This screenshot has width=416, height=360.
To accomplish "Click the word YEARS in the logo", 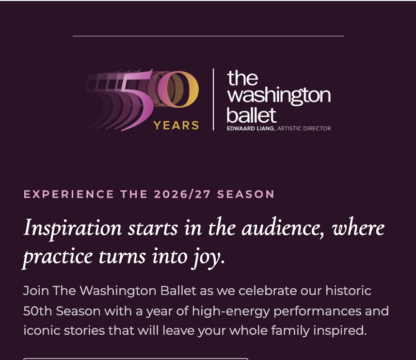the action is click(176, 125).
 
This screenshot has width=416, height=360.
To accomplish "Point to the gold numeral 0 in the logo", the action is click(178, 89).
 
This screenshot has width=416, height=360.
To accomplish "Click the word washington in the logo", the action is click(279, 96).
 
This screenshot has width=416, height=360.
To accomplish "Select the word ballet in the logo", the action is click(252, 115).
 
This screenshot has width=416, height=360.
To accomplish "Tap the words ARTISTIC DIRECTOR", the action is click(304, 129).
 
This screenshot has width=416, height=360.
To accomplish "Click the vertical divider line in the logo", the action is click(213, 99).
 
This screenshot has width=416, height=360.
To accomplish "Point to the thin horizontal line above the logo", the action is click(208, 36).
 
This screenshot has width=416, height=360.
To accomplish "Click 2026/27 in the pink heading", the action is click(182, 194).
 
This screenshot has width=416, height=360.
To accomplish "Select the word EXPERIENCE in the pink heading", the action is click(69, 194).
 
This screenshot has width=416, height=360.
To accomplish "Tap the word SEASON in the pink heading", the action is click(246, 194).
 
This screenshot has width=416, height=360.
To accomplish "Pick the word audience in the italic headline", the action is click(283, 228).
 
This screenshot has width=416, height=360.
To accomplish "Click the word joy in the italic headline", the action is click(208, 258).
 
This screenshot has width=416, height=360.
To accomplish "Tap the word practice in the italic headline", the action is click(58, 258).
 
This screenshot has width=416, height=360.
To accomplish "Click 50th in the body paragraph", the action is click(37, 311).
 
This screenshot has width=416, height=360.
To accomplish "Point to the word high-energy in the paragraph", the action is click(231, 311).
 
